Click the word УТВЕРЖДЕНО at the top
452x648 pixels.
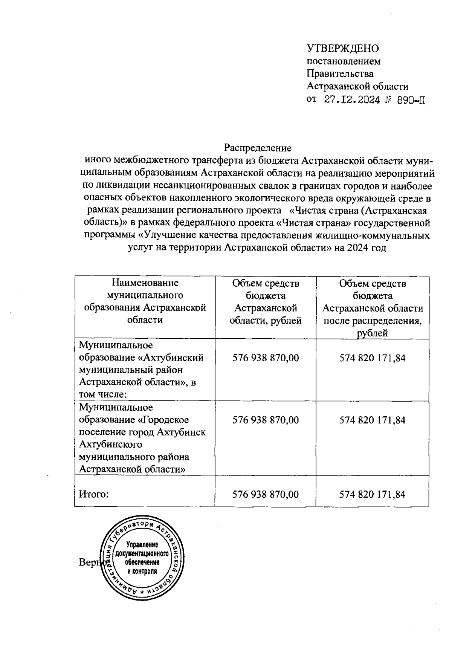[343, 49]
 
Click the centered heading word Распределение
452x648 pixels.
[258, 147]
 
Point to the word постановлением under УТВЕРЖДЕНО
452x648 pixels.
[344, 61]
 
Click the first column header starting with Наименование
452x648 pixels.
[145, 301]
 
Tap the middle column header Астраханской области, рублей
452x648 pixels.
[266, 301]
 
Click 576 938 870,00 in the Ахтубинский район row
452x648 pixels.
[266, 358]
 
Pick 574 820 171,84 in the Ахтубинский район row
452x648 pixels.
[373, 358]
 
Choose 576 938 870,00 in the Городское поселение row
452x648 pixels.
[266, 420]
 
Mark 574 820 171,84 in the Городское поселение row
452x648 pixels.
[373, 420]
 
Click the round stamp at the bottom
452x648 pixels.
[142, 558]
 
